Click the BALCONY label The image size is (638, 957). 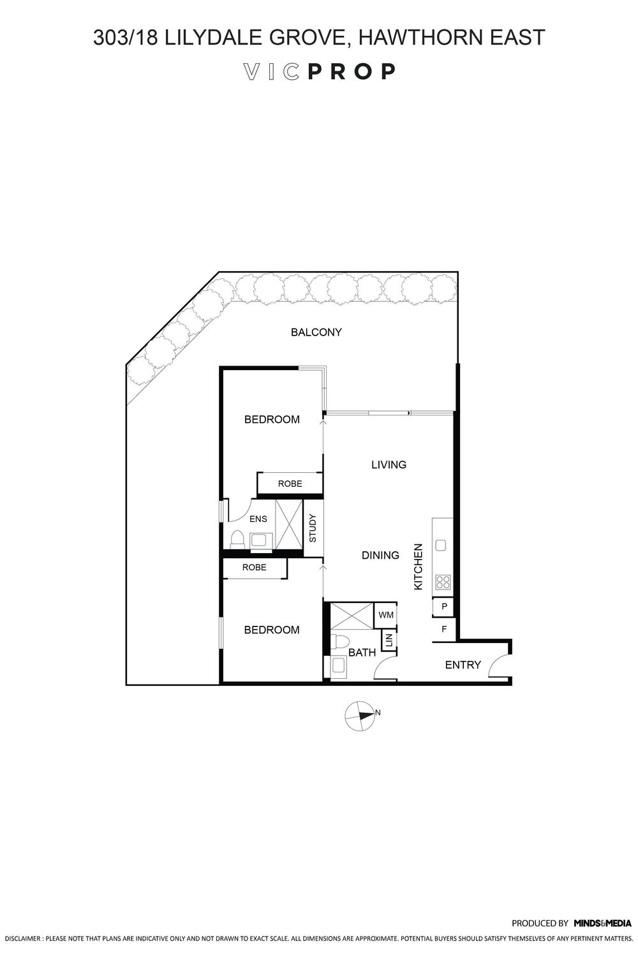click(x=316, y=332)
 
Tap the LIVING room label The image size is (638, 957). click(x=389, y=464)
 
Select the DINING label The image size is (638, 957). click(x=380, y=555)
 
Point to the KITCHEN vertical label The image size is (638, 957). click(x=419, y=567)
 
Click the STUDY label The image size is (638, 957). click(x=313, y=528)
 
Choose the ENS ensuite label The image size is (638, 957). click(x=258, y=519)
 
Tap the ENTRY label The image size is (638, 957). click(x=463, y=665)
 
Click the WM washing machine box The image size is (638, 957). click(x=386, y=615)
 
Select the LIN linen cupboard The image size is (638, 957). click(x=388, y=640)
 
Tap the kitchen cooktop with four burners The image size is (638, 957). click(x=442, y=582)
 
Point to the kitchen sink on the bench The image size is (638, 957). click(x=440, y=544)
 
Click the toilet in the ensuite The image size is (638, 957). click(x=237, y=539)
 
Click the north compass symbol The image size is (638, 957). click(x=360, y=716)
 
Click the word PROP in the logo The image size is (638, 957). click(x=352, y=71)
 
